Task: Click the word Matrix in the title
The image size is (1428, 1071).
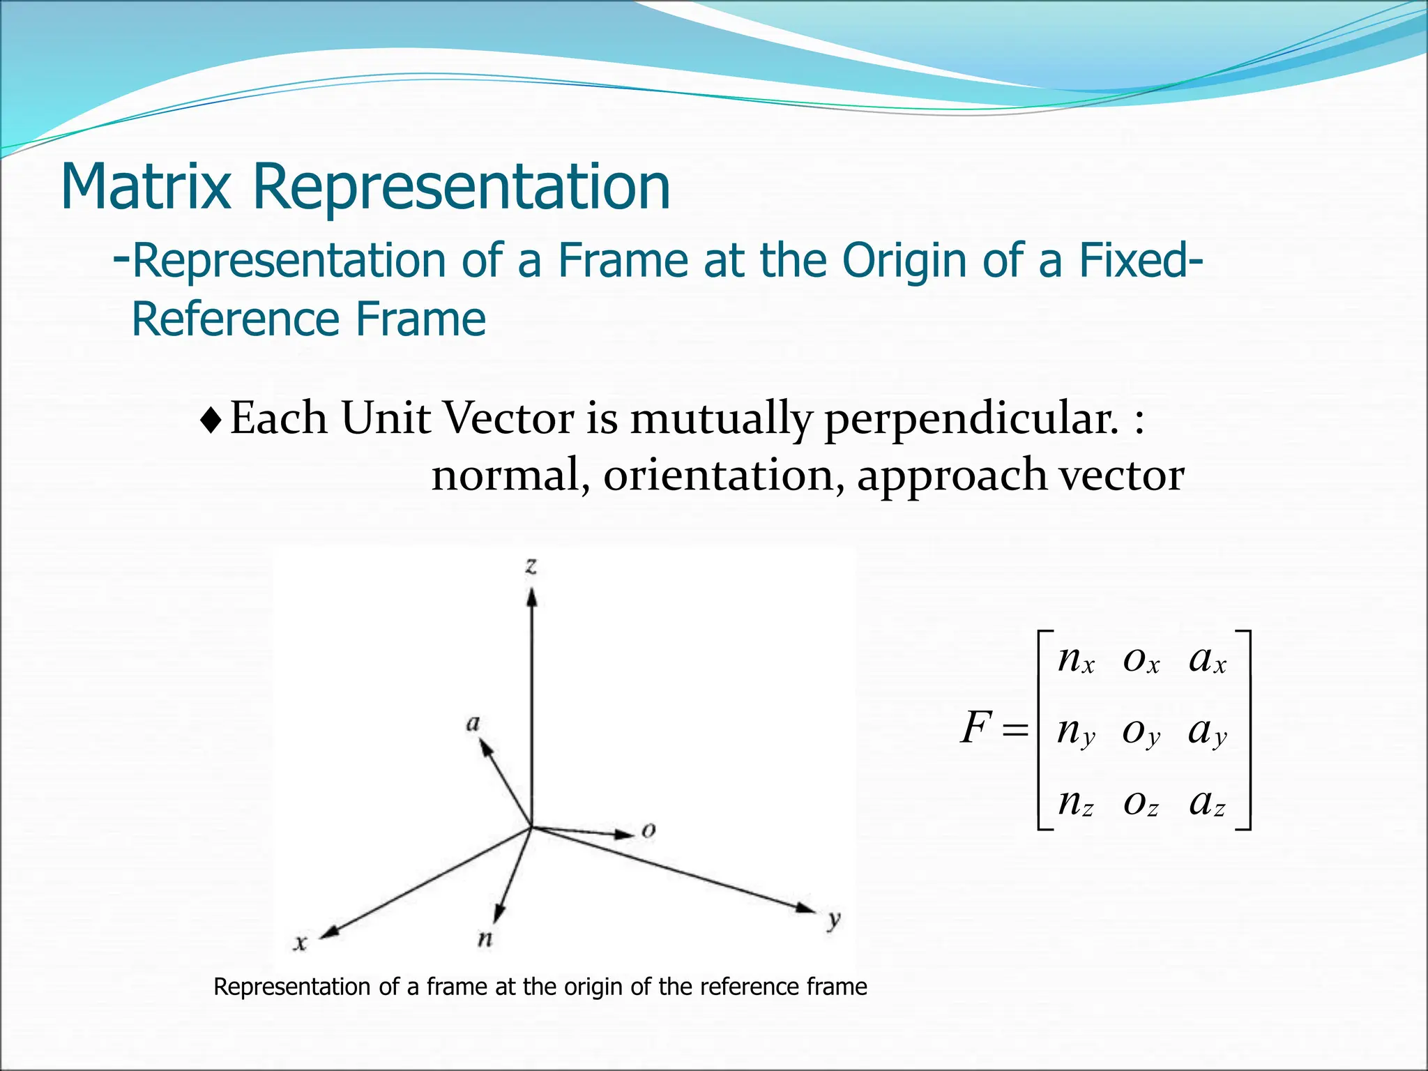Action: [146, 187]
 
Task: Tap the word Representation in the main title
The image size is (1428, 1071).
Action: [461, 187]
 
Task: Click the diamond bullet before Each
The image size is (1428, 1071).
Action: [211, 420]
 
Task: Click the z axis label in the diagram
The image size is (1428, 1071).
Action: [531, 565]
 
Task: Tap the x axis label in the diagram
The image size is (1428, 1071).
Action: [301, 943]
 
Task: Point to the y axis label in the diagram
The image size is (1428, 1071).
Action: [834, 920]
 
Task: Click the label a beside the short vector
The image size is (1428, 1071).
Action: [473, 723]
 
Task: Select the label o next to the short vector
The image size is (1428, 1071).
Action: [648, 830]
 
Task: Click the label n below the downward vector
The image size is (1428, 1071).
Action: [485, 939]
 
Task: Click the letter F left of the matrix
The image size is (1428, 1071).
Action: [976, 728]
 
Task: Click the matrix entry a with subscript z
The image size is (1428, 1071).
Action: [1207, 803]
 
